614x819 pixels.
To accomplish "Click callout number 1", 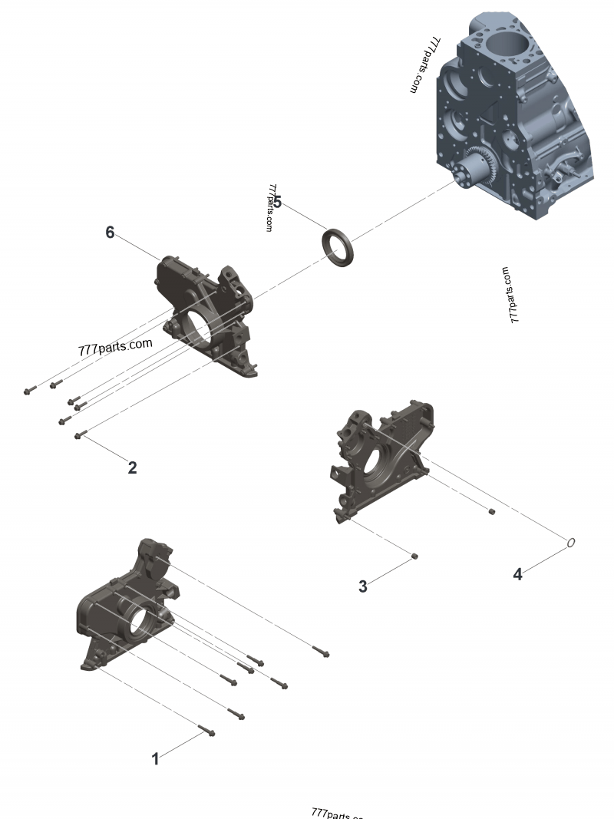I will pyautogui.click(x=155, y=758).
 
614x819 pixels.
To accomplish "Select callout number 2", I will pyautogui.click(x=132, y=467).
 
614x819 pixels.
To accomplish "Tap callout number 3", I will pyautogui.click(x=363, y=586).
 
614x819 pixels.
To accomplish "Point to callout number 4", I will pyautogui.click(x=518, y=574).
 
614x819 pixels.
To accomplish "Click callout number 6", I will pyautogui.click(x=110, y=232).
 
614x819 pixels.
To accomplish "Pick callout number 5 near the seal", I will pyautogui.click(x=277, y=202).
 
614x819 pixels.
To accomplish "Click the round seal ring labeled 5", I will pyautogui.click(x=338, y=246).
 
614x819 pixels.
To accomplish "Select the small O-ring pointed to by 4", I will pyautogui.click(x=570, y=543).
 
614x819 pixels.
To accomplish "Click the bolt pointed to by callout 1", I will pyautogui.click(x=206, y=730).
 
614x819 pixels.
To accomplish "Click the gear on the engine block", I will pyautogui.click(x=480, y=166).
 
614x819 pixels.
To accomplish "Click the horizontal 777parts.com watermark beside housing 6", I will pyautogui.click(x=115, y=347).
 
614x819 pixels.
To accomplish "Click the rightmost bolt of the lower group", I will pyautogui.click(x=322, y=652).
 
